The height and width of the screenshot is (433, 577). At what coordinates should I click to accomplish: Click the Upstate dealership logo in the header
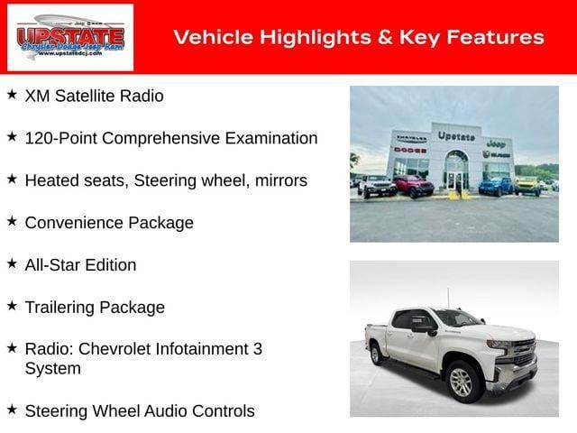(x=69, y=37)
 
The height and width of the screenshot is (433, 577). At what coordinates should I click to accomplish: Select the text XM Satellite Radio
(x=95, y=96)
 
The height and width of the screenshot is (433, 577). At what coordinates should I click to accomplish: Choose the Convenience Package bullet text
(x=109, y=223)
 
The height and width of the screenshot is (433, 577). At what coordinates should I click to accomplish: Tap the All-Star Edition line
(x=81, y=265)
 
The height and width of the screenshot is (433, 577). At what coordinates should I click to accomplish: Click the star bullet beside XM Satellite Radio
(x=12, y=94)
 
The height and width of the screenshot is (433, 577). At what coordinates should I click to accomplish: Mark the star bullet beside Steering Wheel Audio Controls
(x=12, y=410)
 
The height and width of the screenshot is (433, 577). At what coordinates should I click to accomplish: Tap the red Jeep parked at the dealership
(x=413, y=186)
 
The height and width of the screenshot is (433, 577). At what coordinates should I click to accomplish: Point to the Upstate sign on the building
(x=456, y=136)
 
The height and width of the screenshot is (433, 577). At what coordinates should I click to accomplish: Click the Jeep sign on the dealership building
(x=495, y=143)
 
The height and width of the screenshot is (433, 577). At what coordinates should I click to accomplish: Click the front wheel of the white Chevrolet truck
(x=462, y=382)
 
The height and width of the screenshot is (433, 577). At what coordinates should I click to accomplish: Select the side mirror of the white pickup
(x=423, y=329)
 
